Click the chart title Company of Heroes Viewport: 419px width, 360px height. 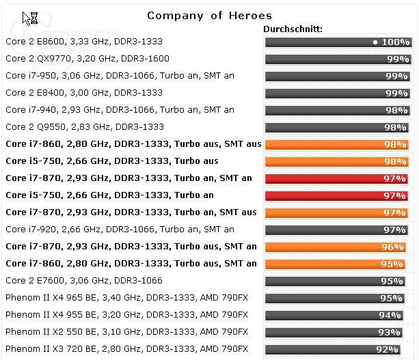click(209, 15)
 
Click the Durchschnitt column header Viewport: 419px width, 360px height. click(293, 29)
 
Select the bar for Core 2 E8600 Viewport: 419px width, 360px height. click(337, 42)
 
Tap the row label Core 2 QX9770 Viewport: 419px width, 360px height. click(87, 59)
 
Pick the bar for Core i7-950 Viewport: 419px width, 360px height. click(337, 77)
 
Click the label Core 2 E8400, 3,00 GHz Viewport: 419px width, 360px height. click(84, 93)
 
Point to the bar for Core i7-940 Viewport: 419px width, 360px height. click(337, 111)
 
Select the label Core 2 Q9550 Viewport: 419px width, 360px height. click(85, 127)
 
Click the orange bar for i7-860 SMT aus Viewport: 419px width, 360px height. click(337, 145)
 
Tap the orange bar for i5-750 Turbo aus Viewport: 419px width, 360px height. click(337, 162)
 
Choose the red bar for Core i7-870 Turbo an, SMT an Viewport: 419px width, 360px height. click(337, 179)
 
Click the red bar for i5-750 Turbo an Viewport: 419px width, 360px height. click(337, 196)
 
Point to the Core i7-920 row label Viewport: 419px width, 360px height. click(120, 230)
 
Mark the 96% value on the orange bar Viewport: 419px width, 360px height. click(393, 247)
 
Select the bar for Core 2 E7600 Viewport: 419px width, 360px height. click(337, 281)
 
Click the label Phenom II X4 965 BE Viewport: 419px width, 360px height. click(126, 298)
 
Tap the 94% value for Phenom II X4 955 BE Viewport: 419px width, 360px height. click(390, 316)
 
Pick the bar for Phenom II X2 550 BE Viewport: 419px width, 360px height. click(337, 333)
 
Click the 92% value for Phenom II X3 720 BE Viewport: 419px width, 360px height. click(387, 350)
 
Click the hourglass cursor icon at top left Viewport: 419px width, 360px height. click(31, 18)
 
